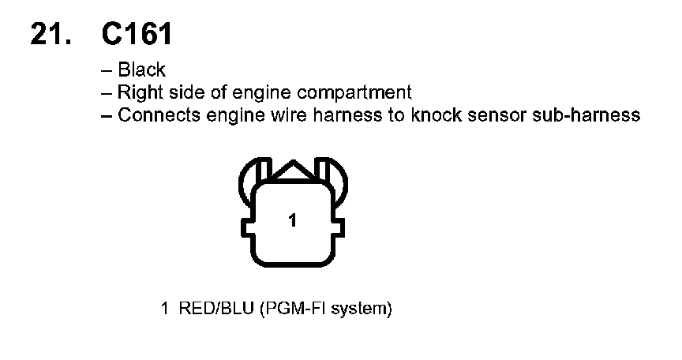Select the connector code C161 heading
[x=137, y=34]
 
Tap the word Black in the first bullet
[x=142, y=70]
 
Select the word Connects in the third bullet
[x=154, y=115]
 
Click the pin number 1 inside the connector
[x=292, y=222]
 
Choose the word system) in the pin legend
[x=362, y=308]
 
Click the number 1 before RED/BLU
[x=164, y=307]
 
